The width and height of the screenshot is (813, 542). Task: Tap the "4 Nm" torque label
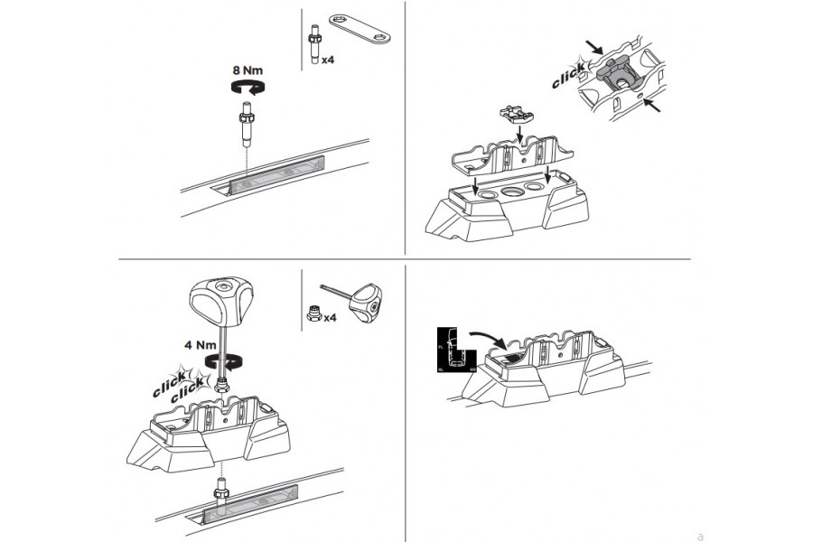click(x=200, y=343)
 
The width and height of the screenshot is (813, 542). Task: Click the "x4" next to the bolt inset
click(x=330, y=61)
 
